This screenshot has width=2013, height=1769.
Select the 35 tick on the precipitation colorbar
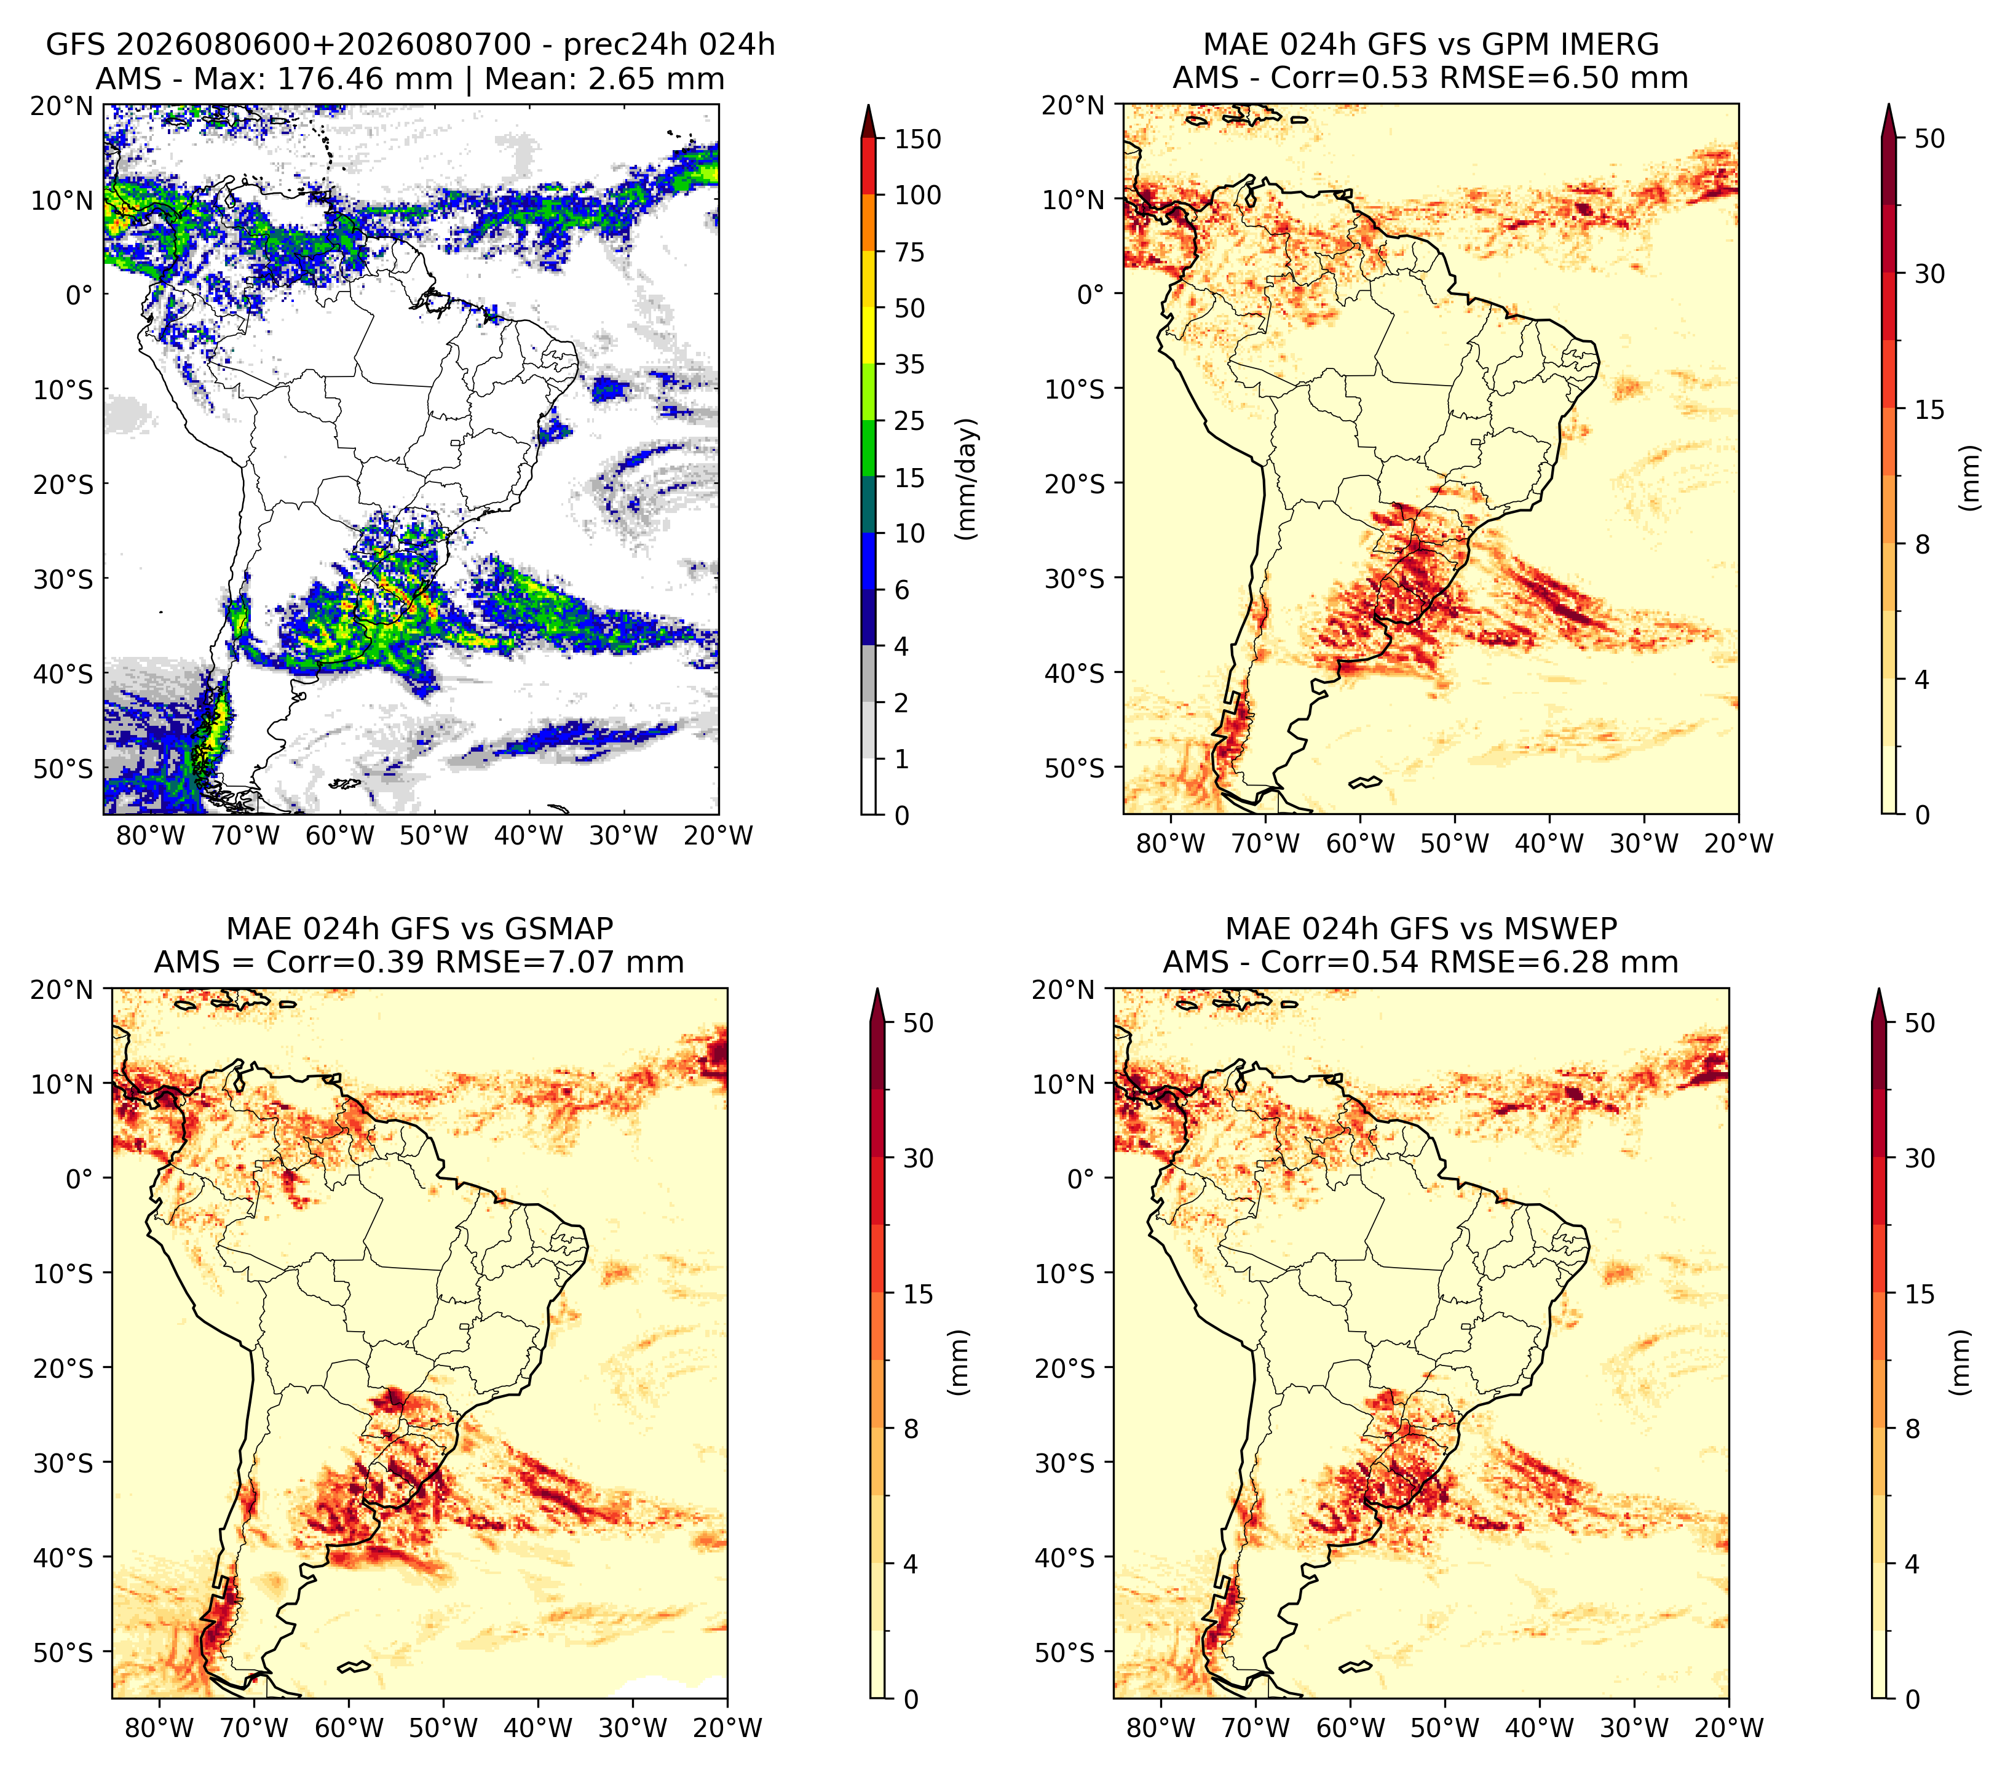pyautogui.click(x=910, y=364)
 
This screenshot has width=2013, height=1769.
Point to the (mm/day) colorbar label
pyautogui.click(x=968, y=479)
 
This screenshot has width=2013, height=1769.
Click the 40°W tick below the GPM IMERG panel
pyautogui.click(x=1549, y=843)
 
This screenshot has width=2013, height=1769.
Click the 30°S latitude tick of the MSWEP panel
pyautogui.click(x=1065, y=1463)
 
